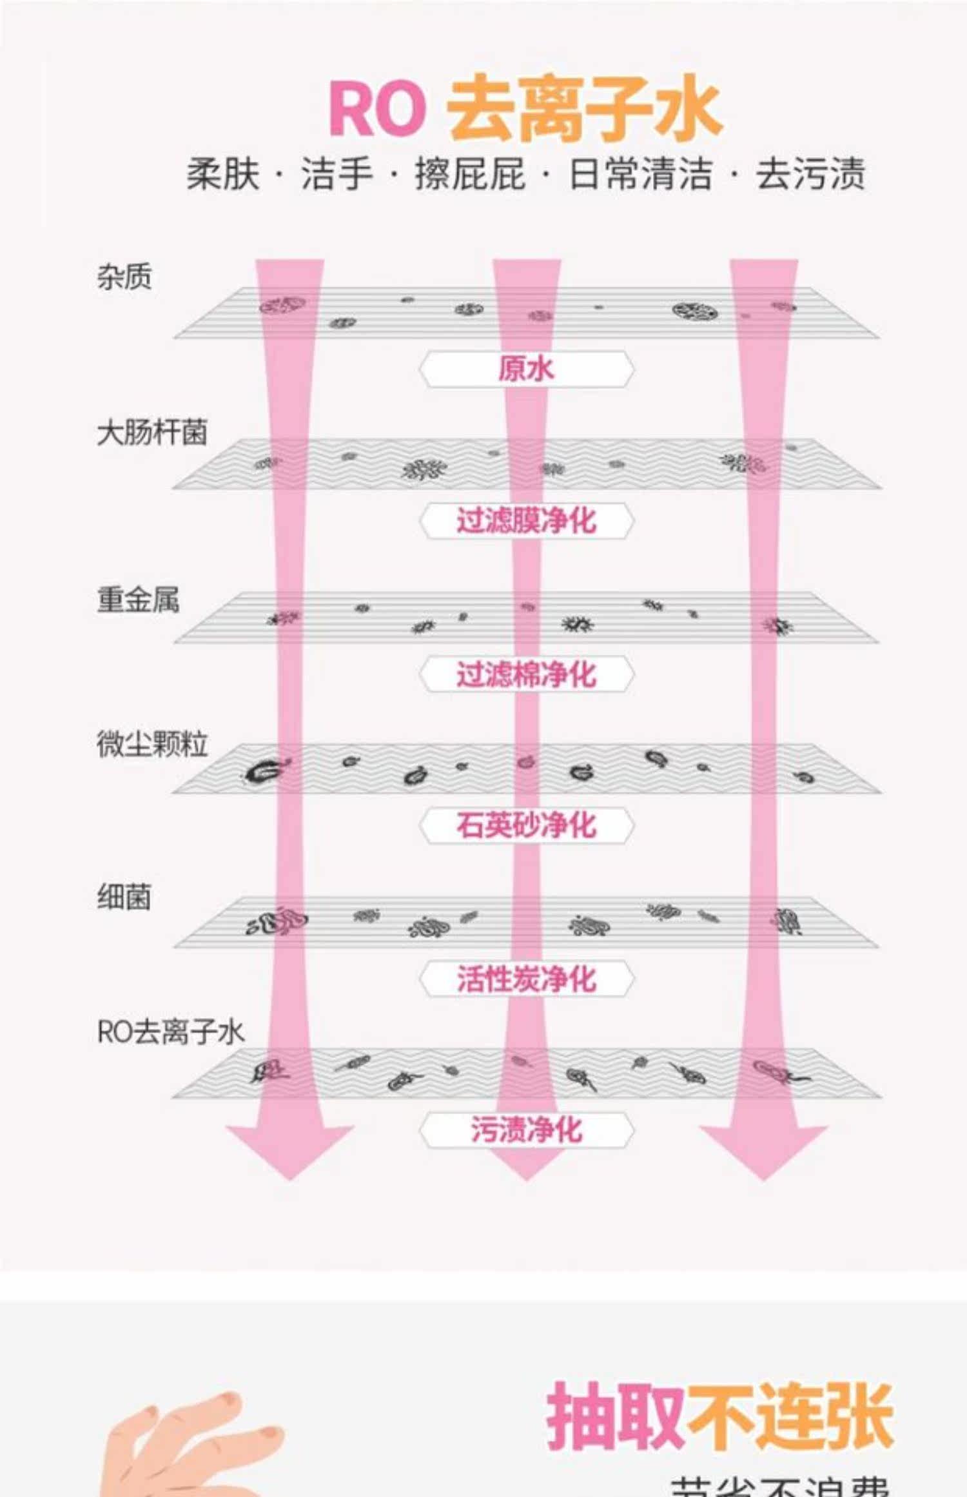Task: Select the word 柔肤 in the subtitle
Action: pos(223,174)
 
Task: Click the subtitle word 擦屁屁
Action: pos(470,174)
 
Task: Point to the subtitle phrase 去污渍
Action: pos(810,174)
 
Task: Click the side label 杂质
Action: pos(124,277)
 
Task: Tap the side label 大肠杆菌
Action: pos(152,433)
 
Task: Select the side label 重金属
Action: pos(138,600)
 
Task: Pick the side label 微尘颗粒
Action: pos(152,744)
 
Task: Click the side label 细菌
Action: pos(124,897)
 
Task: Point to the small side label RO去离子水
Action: pos(170,1032)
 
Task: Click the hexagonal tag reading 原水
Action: pos(526,369)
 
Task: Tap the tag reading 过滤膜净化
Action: pos(526,521)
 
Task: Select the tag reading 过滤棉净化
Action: pos(526,674)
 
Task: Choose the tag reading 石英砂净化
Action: pos(526,825)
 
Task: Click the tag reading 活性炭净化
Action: pos(526,979)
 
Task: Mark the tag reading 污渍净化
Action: pos(526,1130)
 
